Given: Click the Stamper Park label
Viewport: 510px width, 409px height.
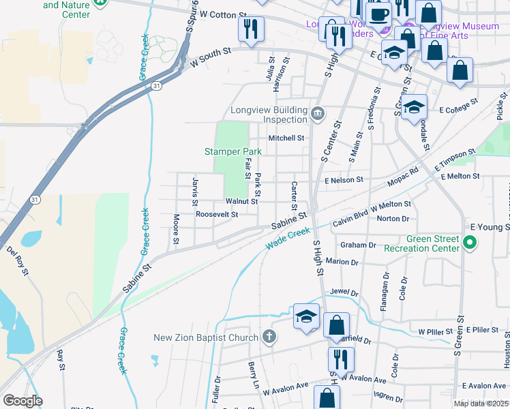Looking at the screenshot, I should (x=233, y=151).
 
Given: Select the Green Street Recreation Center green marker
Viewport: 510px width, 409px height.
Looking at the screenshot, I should (x=469, y=242).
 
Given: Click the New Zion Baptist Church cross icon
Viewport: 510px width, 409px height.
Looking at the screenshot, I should (x=270, y=337).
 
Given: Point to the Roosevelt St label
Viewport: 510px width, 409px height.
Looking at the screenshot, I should (x=216, y=214).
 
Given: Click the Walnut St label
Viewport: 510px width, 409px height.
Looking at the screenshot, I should (x=241, y=201).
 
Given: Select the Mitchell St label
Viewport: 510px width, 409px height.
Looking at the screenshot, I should (x=286, y=138).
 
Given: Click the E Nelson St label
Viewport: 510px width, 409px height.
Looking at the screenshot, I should (x=345, y=180).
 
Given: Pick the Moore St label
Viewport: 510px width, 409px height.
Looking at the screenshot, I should (x=176, y=230).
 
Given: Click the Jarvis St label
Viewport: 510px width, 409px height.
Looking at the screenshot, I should (x=194, y=192).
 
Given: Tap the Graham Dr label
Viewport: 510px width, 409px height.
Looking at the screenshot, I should (x=358, y=245).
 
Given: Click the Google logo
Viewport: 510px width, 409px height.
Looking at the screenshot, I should (x=22, y=401).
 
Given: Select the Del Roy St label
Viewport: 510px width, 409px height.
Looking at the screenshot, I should (x=20, y=260).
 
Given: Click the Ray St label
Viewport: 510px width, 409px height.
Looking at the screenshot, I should (x=61, y=355).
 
